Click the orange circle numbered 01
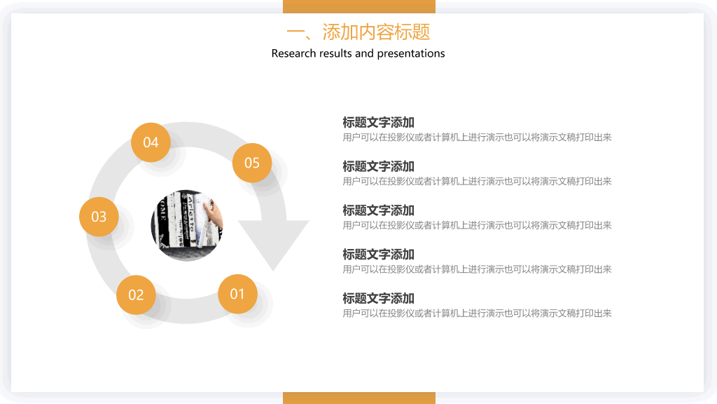[x=237, y=294]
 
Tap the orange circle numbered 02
[x=136, y=295]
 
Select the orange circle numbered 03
[x=99, y=217]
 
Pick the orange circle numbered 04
[x=151, y=142]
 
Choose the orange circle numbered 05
[x=252, y=163]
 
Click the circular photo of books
[x=186, y=225]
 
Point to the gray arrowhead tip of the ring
[x=274, y=270]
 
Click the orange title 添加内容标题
[x=376, y=32]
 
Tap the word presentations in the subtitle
[x=410, y=54]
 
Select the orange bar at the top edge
[x=359, y=6]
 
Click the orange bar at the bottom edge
[x=359, y=398]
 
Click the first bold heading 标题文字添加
[x=378, y=122]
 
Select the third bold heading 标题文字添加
[x=378, y=210]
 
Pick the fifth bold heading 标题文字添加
[x=378, y=298]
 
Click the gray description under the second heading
[x=477, y=182]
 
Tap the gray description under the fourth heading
[x=477, y=269]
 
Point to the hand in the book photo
[x=214, y=215]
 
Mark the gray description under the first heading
[x=477, y=137]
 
